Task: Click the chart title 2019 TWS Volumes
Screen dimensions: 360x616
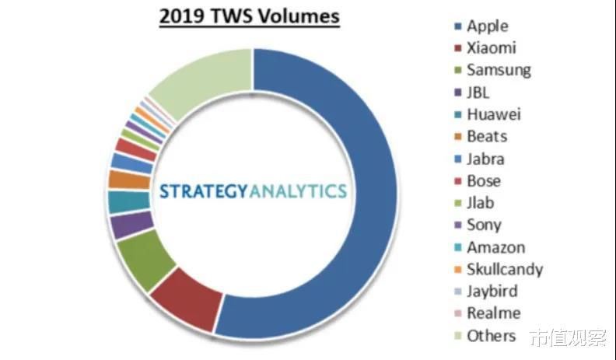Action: [x=250, y=16]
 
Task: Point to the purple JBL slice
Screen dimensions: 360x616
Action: [x=123, y=225]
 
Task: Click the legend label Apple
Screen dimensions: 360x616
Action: [x=487, y=26]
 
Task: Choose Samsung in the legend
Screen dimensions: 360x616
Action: [x=499, y=69]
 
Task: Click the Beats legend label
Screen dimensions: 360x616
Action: [x=487, y=136]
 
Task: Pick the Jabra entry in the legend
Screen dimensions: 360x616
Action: [x=485, y=159]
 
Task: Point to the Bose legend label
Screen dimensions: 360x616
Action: [x=484, y=181]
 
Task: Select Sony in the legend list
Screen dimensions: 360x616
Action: [x=484, y=225]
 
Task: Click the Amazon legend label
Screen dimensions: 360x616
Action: [x=495, y=247]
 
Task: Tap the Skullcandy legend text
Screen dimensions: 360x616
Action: [x=504, y=270]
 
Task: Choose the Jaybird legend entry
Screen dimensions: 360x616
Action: [x=492, y=292]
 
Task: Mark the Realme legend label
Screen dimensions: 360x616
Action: [x=493, y=313]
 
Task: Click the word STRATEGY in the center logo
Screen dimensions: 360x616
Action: [x=203, y=190]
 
